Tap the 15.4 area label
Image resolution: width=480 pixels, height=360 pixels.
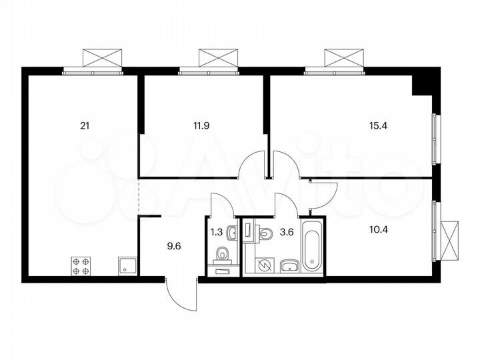point(377,124)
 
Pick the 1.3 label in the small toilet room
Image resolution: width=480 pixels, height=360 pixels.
point(216,233)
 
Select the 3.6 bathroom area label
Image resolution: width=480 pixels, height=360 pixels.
point(287,233)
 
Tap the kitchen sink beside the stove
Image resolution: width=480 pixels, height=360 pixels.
point(126,266)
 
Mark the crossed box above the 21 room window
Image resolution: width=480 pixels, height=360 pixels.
point(102,57)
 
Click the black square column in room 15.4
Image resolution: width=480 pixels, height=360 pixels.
point(423,85)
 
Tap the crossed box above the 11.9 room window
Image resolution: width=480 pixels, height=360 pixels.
point(217,57)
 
